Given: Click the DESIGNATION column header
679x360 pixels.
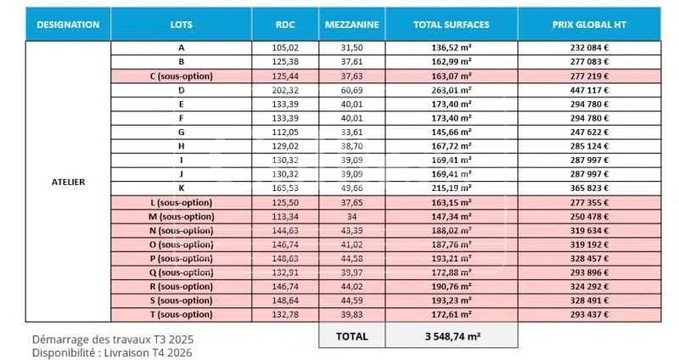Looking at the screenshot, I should (69, 25).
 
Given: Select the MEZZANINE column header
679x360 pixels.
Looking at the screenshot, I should (351, 25).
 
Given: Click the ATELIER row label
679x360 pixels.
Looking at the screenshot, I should (69, 182).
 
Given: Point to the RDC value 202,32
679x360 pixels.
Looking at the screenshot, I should (286, 89).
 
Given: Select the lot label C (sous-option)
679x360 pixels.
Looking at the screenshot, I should (181, 76).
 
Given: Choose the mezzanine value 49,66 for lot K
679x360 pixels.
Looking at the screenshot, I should (351, 188).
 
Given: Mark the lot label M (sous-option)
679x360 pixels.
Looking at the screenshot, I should (181, 216).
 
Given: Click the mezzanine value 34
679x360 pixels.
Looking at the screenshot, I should (351, 216).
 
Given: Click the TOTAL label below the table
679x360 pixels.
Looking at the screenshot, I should (351, 335).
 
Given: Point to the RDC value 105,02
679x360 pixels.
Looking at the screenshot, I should (286, 48).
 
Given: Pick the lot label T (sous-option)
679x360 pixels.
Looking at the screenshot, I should (181, 314).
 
